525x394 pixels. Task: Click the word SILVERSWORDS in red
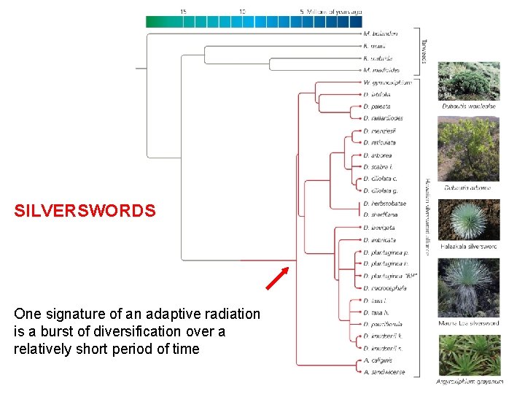(x=85, y=212)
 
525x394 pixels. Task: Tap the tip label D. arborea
(x=378, y=155)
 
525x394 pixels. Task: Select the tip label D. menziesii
(x=378, y=131)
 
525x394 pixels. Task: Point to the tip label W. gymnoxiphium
(x=386, y=82)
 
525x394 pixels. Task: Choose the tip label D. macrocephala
(x=383, y=287)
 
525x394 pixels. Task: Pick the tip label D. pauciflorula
(x=383, y=324)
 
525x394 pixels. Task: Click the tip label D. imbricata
(x=378, y=239)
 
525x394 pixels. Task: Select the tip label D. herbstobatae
(x=384, y=203)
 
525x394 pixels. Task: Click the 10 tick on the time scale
(x=242, y=12)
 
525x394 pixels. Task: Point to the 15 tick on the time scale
(x=183, y=12)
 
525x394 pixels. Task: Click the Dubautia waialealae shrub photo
(x=468, y=80)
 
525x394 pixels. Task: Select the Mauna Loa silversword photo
(x=468, y=277)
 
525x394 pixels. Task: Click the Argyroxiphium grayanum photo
(x=468, y=355)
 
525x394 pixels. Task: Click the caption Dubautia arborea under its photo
(x=467, y=188)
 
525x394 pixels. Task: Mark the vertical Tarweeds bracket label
(x=424, y=50)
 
